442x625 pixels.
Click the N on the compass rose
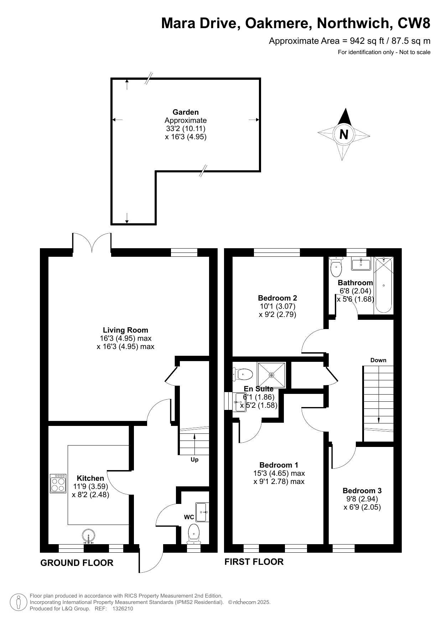(344, 135)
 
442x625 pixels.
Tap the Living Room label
(125, 330)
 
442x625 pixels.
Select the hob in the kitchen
(58, 483)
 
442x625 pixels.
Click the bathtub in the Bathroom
(384, 285)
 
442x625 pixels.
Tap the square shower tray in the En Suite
(271, 375)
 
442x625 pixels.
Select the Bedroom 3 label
(362, 491)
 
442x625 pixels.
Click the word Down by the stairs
(378, 360)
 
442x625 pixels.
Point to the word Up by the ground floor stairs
(194, 460)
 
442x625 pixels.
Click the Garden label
(186, 112)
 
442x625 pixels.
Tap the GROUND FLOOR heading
(77, 563)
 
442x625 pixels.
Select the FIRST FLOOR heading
(254, 562)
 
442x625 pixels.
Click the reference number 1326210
(123, 609)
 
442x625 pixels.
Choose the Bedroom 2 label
(277, 298)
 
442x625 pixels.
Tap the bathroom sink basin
(361, 264)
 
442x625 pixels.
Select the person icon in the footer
(19, 602)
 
